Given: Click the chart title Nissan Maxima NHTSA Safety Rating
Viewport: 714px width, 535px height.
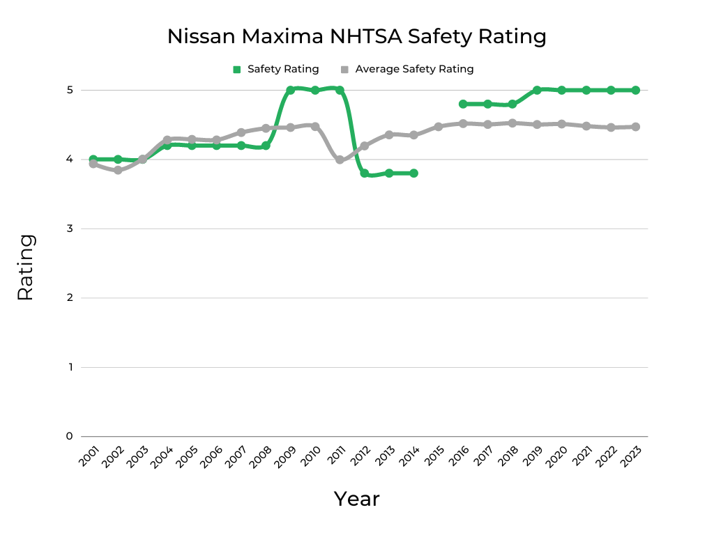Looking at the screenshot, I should (356, 36).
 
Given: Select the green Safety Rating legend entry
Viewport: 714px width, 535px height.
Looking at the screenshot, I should (276, 69).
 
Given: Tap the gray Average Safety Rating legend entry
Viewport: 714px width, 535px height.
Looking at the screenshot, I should (407, 69).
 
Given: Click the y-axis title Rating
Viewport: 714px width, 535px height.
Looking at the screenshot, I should (25, 267).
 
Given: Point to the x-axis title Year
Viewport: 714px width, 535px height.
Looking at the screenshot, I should (356, 499).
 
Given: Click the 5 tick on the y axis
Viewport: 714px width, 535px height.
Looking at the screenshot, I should (70, 90).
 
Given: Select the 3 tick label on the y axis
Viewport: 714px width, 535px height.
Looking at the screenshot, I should (70, 228).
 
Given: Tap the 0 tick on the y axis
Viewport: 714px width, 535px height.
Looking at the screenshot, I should (70, 436).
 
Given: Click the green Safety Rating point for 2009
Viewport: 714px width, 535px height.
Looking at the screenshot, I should (291, 90).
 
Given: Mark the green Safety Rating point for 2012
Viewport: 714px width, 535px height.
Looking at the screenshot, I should (365, 173).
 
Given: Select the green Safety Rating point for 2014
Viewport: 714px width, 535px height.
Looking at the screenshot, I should (414, 173).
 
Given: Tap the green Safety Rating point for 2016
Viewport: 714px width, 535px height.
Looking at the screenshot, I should (463, 104).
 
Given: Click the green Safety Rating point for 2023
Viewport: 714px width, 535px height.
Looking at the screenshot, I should (636, 90).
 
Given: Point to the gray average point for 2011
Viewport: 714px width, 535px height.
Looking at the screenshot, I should (340, 160).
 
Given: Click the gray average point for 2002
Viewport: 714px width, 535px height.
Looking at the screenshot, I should (118, 170).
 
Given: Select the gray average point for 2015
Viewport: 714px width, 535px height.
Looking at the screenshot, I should (439, 127).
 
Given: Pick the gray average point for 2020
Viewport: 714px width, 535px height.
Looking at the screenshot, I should (562, 124).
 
